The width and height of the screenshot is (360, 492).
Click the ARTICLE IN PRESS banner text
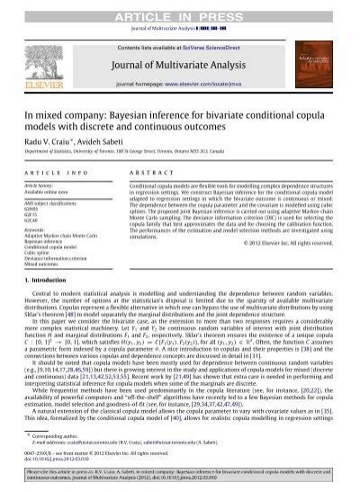coord(179,9)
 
